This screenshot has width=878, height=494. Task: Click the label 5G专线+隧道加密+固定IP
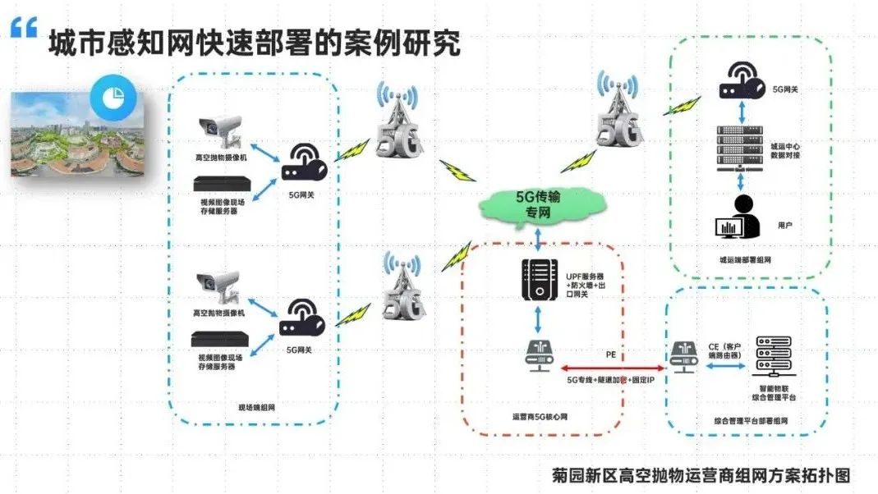tap(609, 380)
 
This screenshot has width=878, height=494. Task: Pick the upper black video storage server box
tap(220, 184)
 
